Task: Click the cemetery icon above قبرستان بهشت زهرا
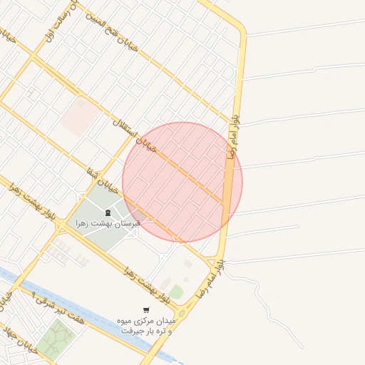pos(108,212)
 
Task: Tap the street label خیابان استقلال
pos(133,135)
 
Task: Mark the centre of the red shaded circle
pos(182,182)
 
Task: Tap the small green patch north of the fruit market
pos(175,291)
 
